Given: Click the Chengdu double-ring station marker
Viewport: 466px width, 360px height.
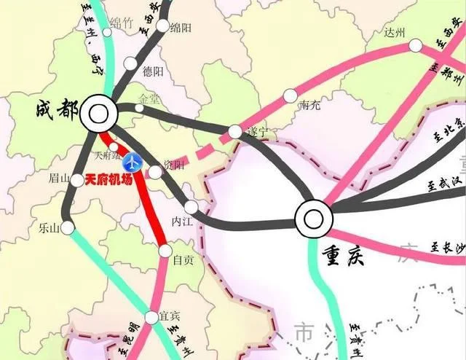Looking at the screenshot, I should click(99, 113).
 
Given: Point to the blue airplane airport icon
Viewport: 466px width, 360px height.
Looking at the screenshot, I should click(133, 160).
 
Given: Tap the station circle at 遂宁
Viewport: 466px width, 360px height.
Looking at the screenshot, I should click(234, 131).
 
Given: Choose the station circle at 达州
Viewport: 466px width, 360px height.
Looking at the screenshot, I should click(415, 45).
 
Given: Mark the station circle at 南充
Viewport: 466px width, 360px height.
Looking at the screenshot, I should click(290, 95).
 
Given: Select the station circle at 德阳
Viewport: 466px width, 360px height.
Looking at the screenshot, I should click(130, 63).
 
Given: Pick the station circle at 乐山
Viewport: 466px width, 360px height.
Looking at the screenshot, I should click(67, 228).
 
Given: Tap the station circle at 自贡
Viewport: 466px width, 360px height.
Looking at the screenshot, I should click(163, 251).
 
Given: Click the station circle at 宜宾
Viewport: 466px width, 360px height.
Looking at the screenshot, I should click(151, 317).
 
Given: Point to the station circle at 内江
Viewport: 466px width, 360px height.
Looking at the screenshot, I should click(191, 206).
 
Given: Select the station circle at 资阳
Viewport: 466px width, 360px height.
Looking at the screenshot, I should click(155, 172).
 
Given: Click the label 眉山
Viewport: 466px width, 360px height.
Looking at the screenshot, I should click(58, 179).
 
